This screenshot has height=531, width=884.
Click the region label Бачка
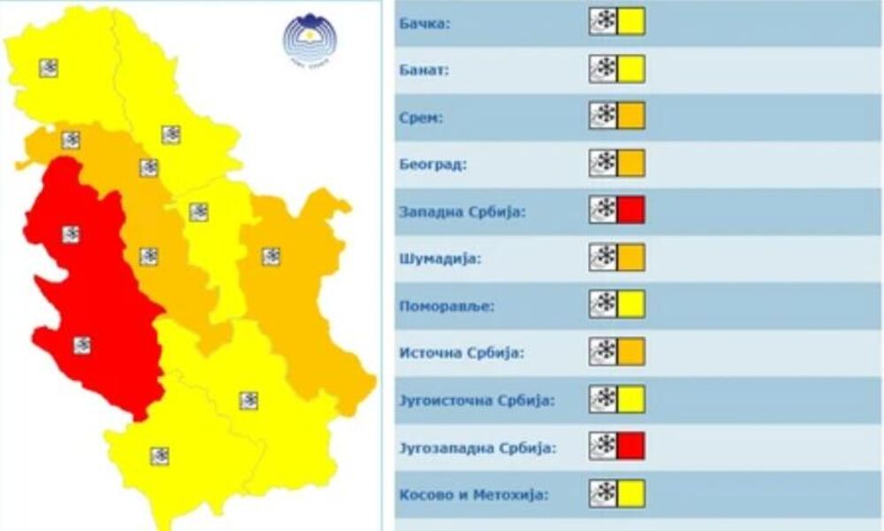point(425,23)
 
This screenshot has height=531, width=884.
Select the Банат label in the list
point(425,70)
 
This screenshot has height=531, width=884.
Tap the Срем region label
point(421,117)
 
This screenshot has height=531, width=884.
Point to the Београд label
point(433,165)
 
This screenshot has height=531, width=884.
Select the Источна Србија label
point(461,353)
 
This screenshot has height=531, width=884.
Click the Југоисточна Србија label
point(477,401)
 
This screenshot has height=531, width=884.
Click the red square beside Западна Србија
point(631,211)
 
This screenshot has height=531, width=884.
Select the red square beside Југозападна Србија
point(631,446)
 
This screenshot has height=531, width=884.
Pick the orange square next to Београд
point(631,164)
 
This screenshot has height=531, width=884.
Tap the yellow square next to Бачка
point(631,21)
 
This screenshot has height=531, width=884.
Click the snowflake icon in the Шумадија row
point(604,258)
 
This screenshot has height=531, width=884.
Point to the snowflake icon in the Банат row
point(604,69)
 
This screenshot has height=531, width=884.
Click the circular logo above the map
point(306,38)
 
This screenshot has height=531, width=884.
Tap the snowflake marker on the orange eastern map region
point(271,257)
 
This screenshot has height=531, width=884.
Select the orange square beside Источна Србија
point(631,352)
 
